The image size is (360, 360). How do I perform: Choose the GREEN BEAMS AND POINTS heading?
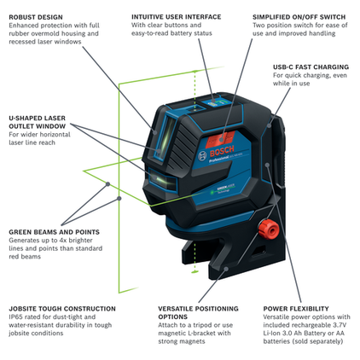[54, 231]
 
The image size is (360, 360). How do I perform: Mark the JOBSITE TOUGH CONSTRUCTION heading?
[62, 308]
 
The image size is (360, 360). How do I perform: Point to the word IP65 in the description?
[18, 317]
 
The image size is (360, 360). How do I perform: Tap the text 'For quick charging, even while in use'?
[308, 79]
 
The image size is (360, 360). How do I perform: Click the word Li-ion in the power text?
[275, 335]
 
